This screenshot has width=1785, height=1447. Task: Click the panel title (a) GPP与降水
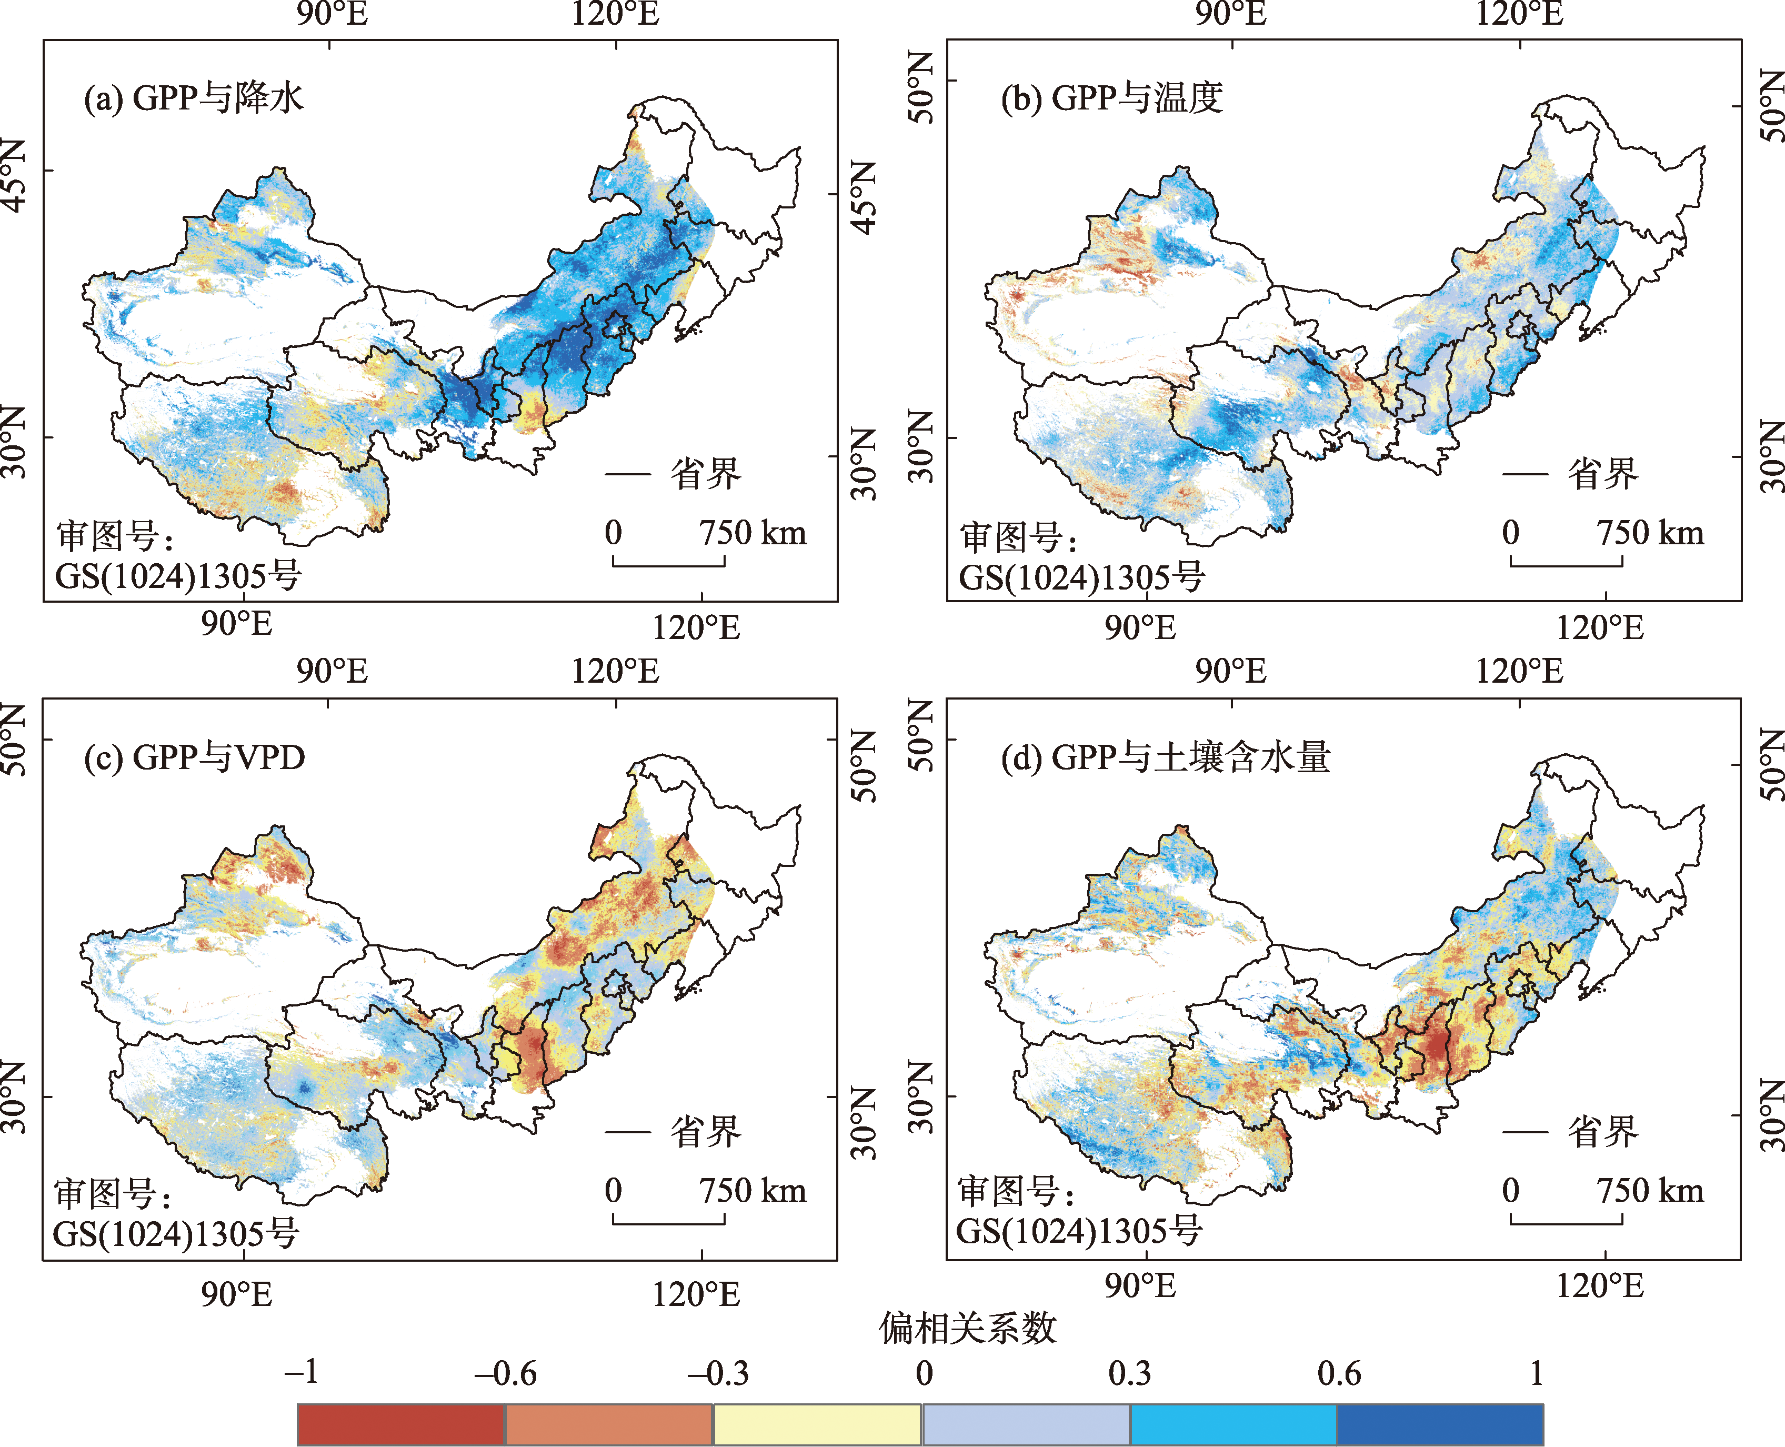pos(193,98)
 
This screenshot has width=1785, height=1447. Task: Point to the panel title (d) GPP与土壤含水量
pos(1165,757)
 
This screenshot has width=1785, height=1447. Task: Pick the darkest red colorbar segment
pos(401,1424)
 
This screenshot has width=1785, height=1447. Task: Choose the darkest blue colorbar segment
pos(1440,1424)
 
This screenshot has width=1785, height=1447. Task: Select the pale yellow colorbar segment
pos(817,1424)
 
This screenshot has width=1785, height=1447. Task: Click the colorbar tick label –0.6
pos(505,1373)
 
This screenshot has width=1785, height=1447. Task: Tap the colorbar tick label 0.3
pos(1129,1373)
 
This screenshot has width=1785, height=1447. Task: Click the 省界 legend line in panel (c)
pos(627,1132)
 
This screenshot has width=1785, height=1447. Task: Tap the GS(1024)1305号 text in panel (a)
pos(177,575)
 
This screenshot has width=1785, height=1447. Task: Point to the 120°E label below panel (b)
pos(1600,627)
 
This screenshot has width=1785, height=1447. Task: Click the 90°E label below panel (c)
pos(237,1294)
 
